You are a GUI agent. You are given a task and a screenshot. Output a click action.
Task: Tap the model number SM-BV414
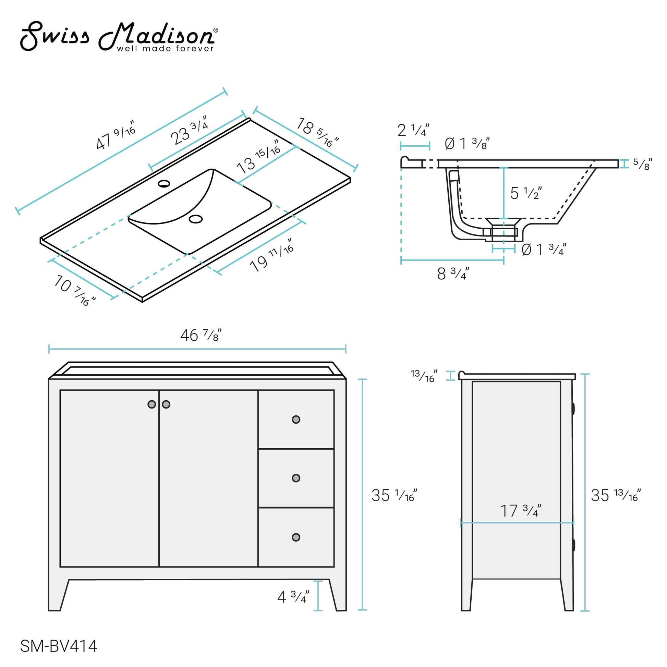[x=59, y=646]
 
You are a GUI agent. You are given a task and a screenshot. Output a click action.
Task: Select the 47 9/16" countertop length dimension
[x=115, y=135]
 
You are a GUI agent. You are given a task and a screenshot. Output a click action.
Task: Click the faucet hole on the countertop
[x=164, y=183]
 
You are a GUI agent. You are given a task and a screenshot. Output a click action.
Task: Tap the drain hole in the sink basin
[x=196, y=219]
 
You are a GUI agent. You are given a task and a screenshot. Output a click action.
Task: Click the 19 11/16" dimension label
[x=271, y=255]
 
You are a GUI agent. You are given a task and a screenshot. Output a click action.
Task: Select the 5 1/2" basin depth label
[x=525, y=193]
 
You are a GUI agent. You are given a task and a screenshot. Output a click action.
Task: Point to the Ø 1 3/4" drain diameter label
[x=543, y=249]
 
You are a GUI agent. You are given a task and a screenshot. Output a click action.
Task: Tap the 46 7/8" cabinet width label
[x=201, y=335]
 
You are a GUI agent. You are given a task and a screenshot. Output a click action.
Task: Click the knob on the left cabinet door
[x=151, y=404]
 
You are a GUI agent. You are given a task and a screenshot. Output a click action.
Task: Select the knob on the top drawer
[x=296, y=420]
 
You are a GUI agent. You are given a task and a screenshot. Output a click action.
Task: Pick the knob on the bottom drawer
[x=296, y=537]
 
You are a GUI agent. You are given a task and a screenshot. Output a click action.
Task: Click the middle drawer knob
[x=296, y=478]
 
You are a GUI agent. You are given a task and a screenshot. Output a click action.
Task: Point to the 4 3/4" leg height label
[x=293, y=597]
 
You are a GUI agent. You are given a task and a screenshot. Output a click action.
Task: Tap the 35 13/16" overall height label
[x=616, y=496]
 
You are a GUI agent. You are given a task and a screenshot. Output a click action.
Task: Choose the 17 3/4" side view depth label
[x=521, y=511]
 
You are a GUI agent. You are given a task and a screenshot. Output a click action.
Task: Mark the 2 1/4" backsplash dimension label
[x=413, y=130]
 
